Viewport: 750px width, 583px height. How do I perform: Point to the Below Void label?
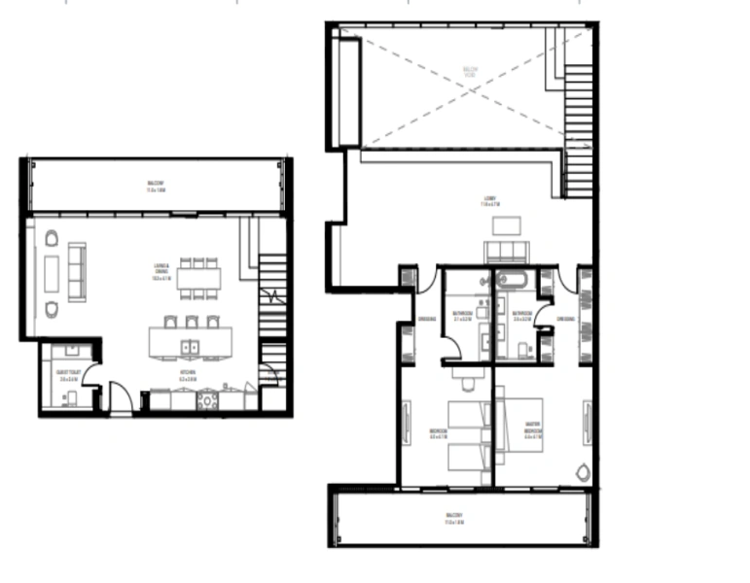pyautogui.click(x=469, y=71)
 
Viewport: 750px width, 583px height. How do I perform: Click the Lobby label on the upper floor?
pyautogui.click(x=489, y=203)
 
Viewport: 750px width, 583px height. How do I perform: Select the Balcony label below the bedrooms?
pyautogui.click(x=456, y=517)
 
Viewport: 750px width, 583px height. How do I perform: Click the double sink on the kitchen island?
pyautogui.click(x=188, y=344)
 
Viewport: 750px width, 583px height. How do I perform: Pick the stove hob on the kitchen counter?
pyautogui.click(x=207, y=399)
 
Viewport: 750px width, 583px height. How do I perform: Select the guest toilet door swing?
pyautogui.click(x=89, y=371)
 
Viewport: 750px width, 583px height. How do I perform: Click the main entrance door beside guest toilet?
pyautogui.click(x=121, y=396)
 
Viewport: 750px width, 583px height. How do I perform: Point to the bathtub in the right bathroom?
pyautogui.click(x=512, y=282)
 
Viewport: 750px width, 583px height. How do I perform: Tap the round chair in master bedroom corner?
pyautogui.click(x=582, y=473)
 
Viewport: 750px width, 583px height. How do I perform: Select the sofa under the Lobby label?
pyautogui.click(x=506, y=252)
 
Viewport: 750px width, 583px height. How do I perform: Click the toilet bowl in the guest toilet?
pyautogui.click(x=67, y=397)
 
